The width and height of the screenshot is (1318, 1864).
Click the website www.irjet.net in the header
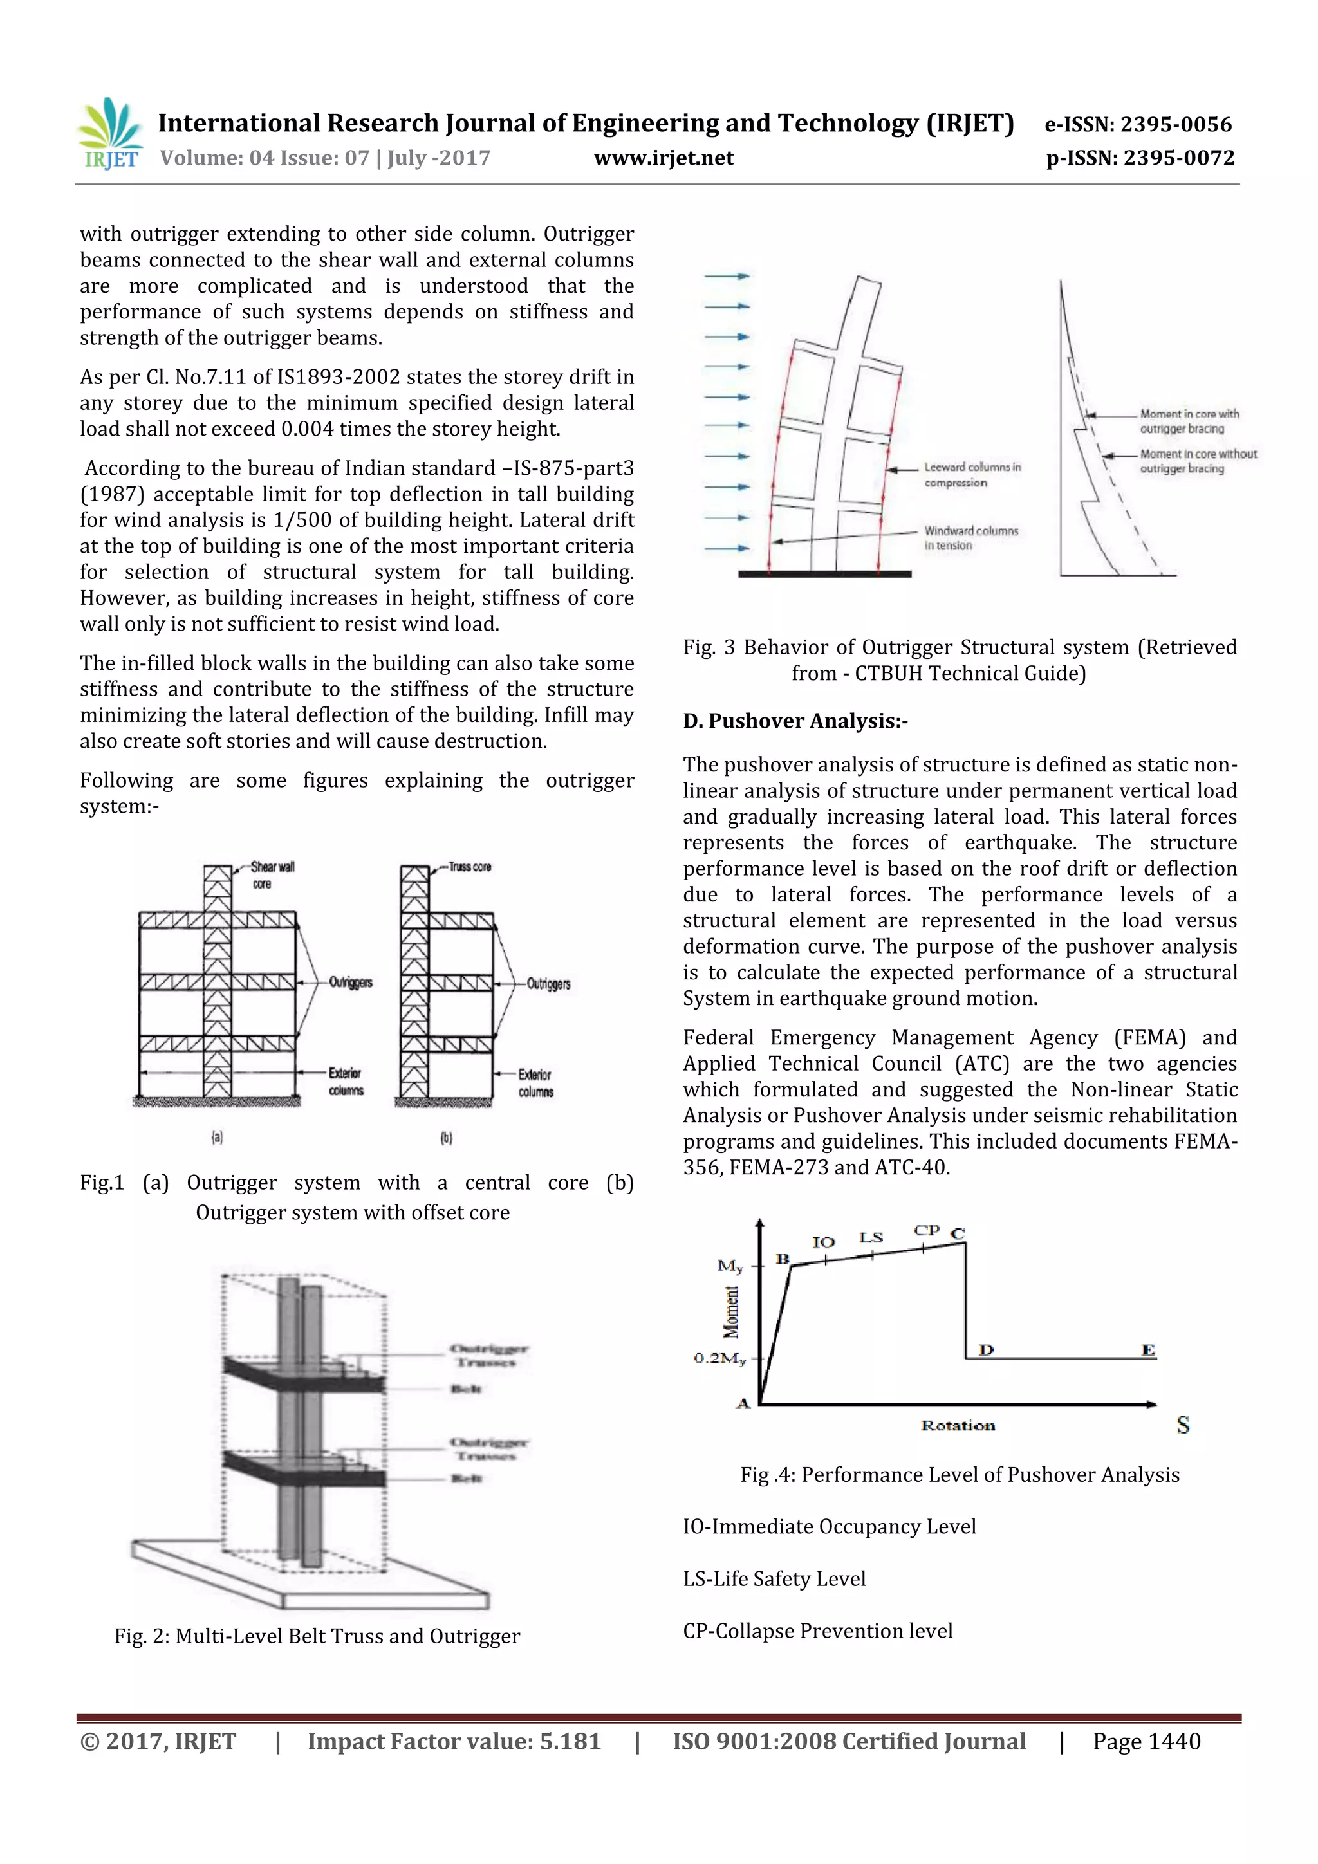tap(664, 158)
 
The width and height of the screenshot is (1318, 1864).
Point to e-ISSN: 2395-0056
tap(1138, 124)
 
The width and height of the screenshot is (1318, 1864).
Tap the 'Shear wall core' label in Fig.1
tap(271, 875)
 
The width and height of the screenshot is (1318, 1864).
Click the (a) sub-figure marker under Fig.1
tap(217, 1138)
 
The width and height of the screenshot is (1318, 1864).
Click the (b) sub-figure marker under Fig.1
tap(446, 1138)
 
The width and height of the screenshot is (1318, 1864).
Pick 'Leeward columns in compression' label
tap(971, 475)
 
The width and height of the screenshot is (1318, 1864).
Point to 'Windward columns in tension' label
tap(970, 537)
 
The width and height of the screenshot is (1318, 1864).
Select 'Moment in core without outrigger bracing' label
tap(1197, 461)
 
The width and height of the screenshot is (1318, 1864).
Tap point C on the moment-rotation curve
tap(958, 1234)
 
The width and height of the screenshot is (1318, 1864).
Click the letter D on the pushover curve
tap(986, 1350)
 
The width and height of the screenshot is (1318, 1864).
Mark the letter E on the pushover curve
tap(1147, 1350)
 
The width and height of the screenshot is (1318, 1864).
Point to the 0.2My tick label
tap(719, 1358)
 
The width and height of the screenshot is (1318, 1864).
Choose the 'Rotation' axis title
tap(958, 1426)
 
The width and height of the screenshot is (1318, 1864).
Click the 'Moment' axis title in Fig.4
tap(732, 1311)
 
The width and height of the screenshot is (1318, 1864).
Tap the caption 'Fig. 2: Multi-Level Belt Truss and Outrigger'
tap(317, 1636)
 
